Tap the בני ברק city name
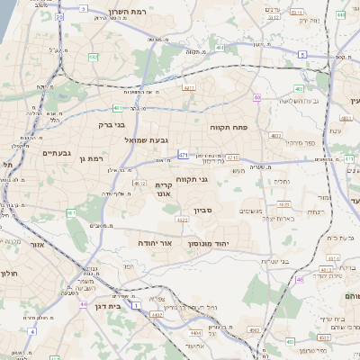(110, 125)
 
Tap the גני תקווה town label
(191, 179)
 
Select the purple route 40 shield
(257, 97)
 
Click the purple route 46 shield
(300, 279)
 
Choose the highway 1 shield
(136, 306)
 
